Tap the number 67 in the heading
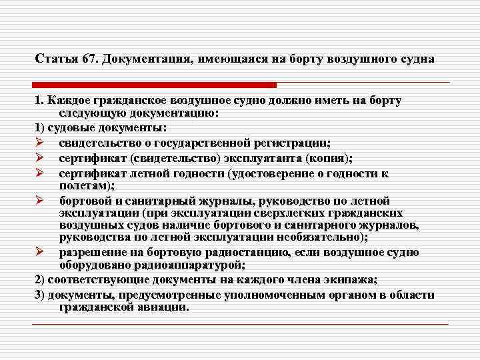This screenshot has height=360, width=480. coord(87,59)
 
